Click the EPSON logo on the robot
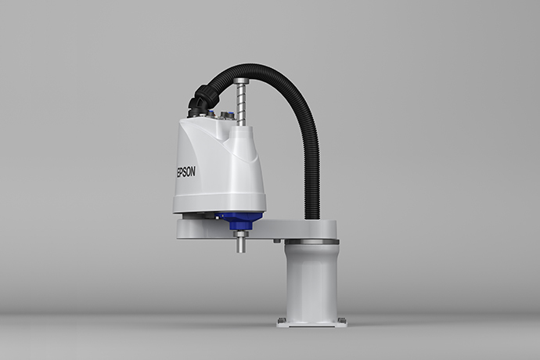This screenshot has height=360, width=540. pos(185,171)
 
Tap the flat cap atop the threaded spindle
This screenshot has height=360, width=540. pos(241,81)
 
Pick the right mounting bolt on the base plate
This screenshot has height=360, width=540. pos(342,320)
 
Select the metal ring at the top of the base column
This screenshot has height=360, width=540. pos(311,242)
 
